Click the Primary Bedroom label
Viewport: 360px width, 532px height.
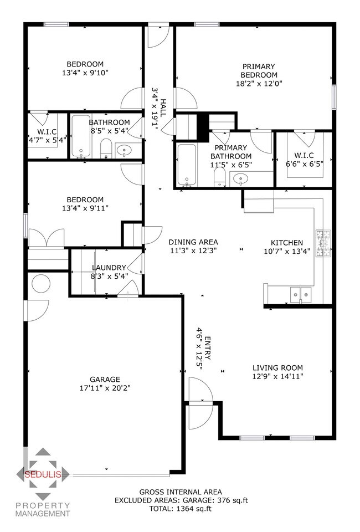point(259,71)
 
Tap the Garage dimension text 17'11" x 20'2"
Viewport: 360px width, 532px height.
point(105,388)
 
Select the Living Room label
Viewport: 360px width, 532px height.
point(277,367)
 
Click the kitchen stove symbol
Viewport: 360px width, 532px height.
point(321,244)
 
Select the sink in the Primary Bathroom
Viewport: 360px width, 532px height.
point(240,178)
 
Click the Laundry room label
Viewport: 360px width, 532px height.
point(109,268)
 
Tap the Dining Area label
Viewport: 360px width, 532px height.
point(193,242)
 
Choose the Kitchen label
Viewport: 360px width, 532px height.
point(286,242)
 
